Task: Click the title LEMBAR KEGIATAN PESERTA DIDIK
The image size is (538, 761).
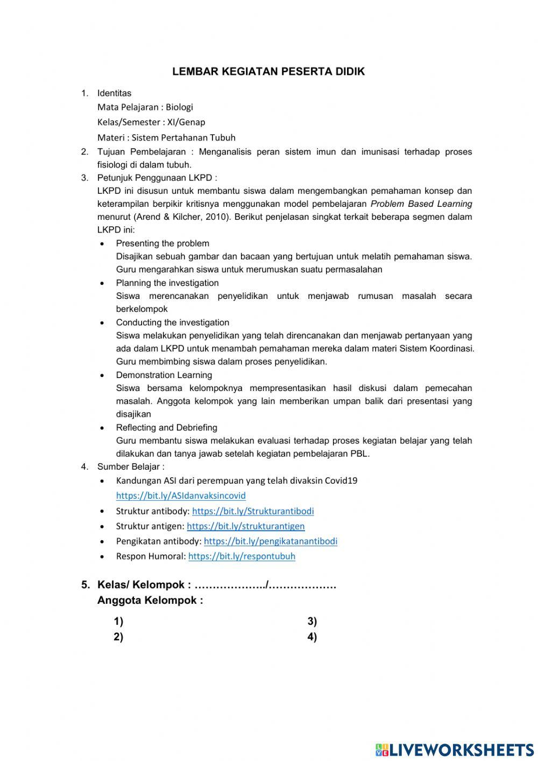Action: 268,72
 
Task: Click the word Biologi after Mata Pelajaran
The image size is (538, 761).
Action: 179,107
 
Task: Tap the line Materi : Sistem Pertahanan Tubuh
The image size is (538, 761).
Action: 166,137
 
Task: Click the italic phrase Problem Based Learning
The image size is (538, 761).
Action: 421,204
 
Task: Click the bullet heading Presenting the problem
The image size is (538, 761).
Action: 162,243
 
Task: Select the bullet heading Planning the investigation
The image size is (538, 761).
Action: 167,283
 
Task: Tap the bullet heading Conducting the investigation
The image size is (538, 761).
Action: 172,323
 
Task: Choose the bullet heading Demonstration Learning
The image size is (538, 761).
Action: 164,375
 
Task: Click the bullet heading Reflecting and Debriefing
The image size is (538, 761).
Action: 167,428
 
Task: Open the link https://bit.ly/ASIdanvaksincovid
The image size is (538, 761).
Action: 181,495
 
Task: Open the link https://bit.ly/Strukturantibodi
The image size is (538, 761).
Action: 253,511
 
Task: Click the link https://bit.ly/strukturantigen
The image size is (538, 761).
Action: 245,526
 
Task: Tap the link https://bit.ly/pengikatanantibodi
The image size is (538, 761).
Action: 271,541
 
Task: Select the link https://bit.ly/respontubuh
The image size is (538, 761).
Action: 242,556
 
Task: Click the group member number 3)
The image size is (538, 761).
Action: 312,622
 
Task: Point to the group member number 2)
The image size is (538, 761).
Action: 118,637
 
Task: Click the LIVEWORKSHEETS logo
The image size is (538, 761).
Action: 454,749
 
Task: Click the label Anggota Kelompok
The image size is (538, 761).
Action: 150,601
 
